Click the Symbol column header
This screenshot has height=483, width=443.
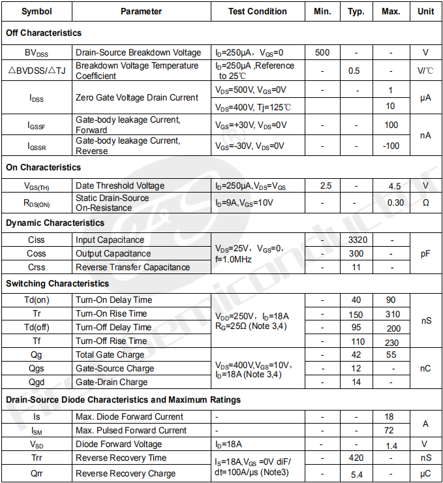point(37,11)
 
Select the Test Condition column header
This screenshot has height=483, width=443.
point(257,11)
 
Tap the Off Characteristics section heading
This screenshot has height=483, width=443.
point(44,33)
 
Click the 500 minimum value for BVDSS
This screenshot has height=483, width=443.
point(322,52)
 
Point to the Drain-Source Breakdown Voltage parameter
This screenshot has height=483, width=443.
point(138,52)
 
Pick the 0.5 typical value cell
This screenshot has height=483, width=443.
point(354,70)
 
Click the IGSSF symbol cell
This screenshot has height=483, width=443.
point(37,125)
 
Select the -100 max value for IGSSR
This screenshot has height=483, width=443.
point(391,146)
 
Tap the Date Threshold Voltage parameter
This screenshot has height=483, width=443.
point(120,186)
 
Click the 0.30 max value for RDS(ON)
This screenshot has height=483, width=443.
point(395,202)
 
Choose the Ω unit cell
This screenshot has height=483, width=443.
point(425,202)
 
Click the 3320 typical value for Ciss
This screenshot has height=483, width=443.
point(358,240)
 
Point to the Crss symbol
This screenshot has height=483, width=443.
point(37,267)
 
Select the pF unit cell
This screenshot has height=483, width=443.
point(425,253)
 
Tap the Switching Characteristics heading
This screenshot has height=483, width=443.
point(57,283)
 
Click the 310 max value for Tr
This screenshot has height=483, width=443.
point(393,314)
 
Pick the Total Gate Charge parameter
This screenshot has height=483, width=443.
point(110,354)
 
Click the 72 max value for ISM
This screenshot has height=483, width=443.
point(389,430)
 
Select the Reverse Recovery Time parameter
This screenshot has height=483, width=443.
point(121,458)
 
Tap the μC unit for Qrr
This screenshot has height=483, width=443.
point(425,473)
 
